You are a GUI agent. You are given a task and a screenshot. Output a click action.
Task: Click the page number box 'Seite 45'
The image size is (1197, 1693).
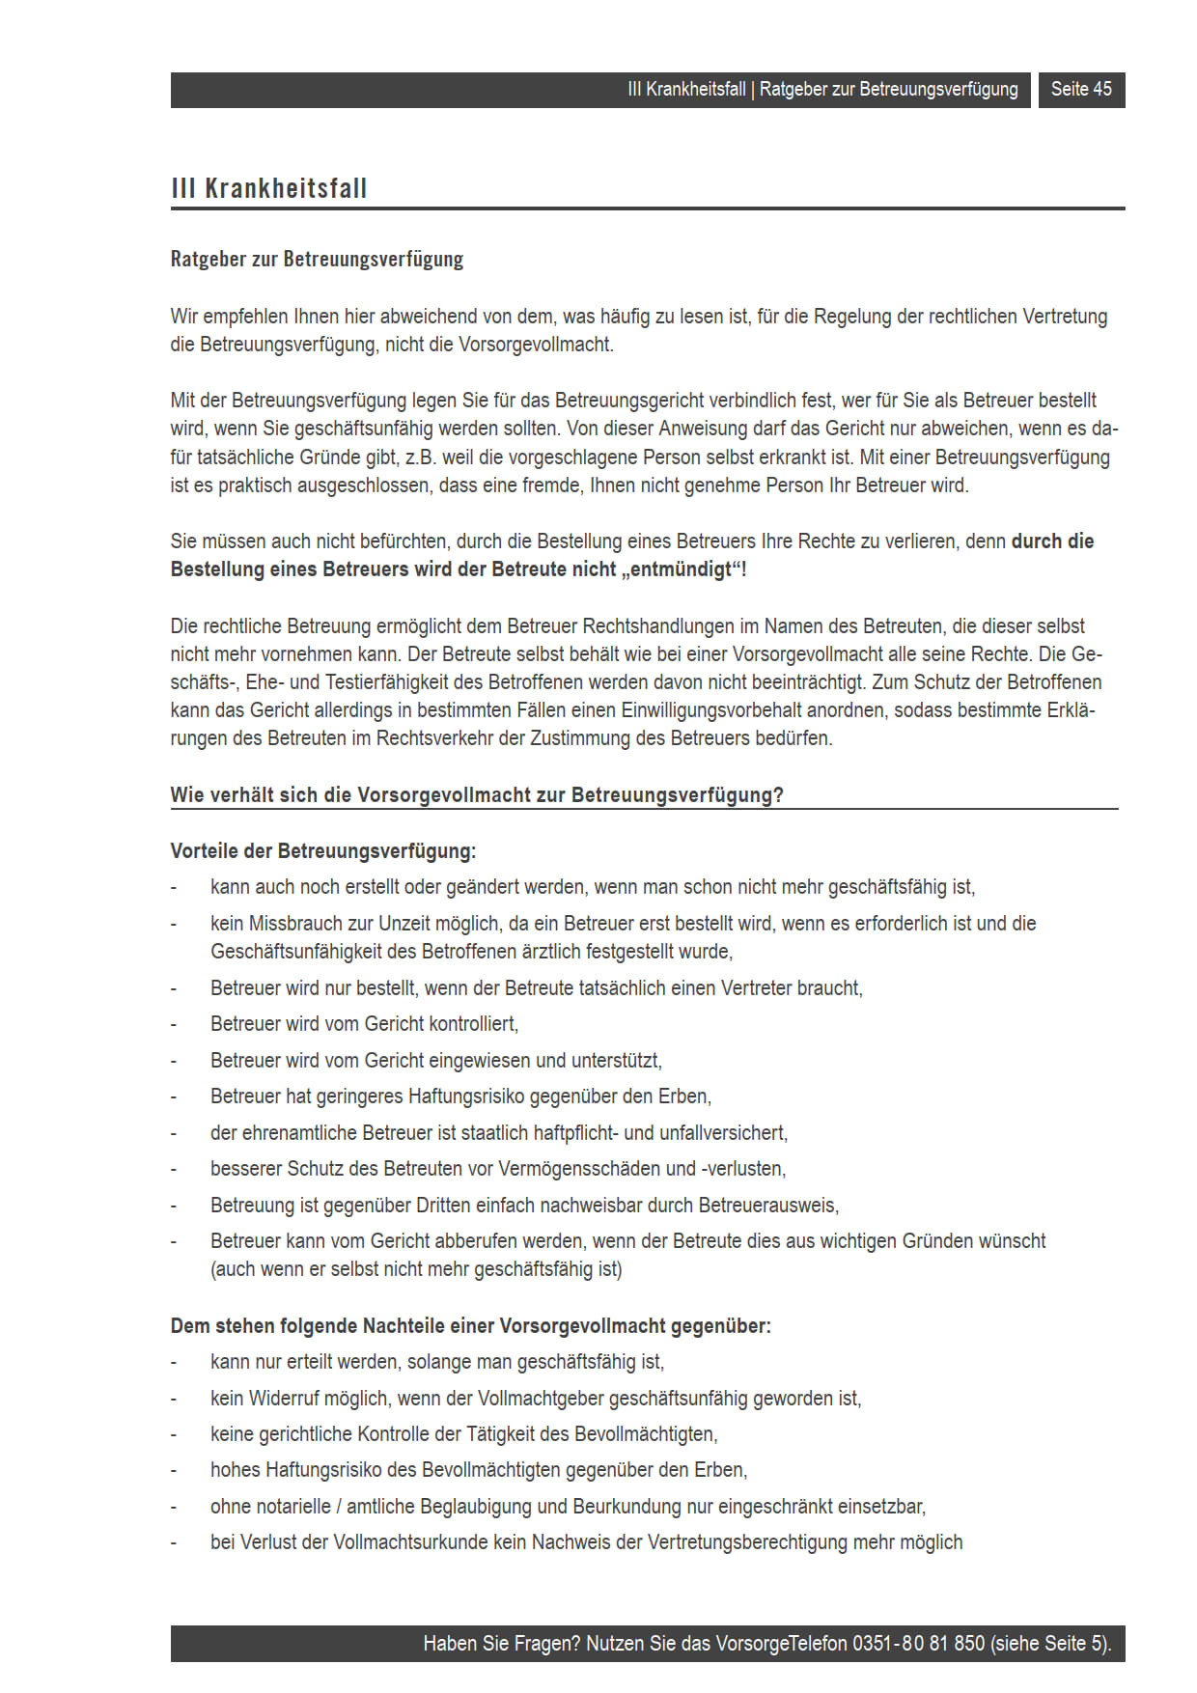click(x=1081, y=90)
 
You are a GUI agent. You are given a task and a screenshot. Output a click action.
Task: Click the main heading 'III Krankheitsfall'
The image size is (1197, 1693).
click(x=269, y=188)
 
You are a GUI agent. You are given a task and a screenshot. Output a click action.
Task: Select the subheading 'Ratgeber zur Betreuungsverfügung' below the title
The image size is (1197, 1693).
click(x=317, y=259)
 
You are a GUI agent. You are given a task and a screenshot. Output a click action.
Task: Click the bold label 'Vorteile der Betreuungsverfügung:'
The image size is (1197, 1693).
click(x=323, y=851)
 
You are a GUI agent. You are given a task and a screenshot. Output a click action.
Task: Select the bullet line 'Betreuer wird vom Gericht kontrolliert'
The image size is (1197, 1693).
click(x=364, y=1024)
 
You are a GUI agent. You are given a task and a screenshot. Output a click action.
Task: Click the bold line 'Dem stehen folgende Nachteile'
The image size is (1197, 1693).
click(x=470, y=1326)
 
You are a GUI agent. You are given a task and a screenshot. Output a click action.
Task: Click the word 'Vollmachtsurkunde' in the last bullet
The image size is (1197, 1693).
click(x=410, y=1542)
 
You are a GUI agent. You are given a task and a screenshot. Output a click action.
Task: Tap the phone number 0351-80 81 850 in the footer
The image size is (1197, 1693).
click(x=918, y=1644)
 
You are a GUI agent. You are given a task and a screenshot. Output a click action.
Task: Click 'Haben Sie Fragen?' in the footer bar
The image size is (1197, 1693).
click(x=501, y=1644)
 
